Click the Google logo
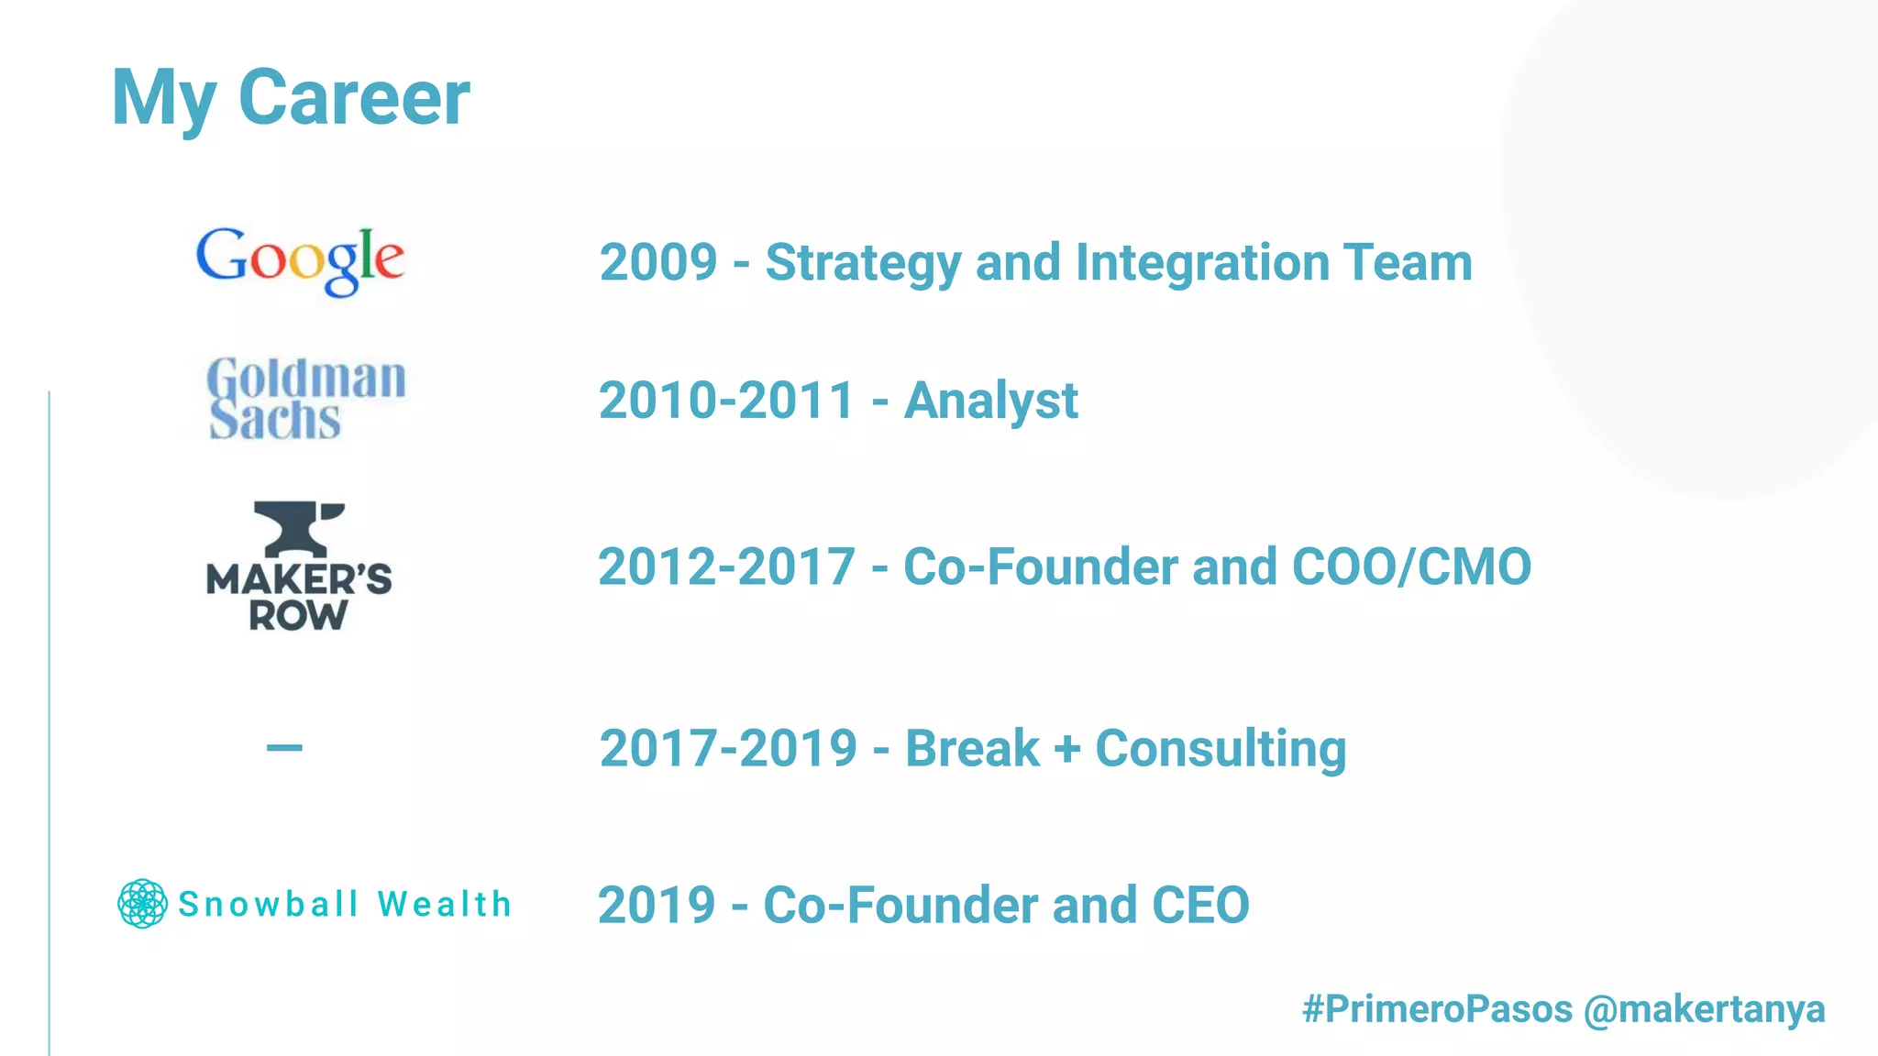[300, 261]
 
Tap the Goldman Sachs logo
[305, 399]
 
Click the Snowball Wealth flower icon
[143, 904]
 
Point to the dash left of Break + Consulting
[284, 748]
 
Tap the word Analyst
[990, 401]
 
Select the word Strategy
[863, 263]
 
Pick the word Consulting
[1221, 749]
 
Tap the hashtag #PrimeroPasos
[1437, 1009]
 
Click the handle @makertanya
[1704, 1009]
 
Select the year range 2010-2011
[726, 401]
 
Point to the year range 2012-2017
[726, 566]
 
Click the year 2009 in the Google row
[658, 263]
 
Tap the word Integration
[1201, 263]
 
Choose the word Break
[972, 749]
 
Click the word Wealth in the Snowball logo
[445, 905]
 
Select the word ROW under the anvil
[298, 616]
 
